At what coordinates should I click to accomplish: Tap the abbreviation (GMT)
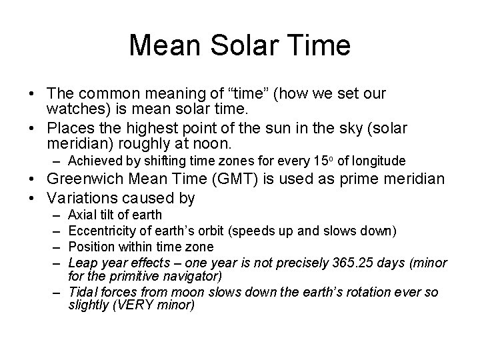coord(231,179)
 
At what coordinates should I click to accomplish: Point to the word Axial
coord(83,215)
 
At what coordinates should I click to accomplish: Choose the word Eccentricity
coord(101,231)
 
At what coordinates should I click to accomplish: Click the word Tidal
coord(84,292)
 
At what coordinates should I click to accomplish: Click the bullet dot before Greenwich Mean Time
coord(34,179)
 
